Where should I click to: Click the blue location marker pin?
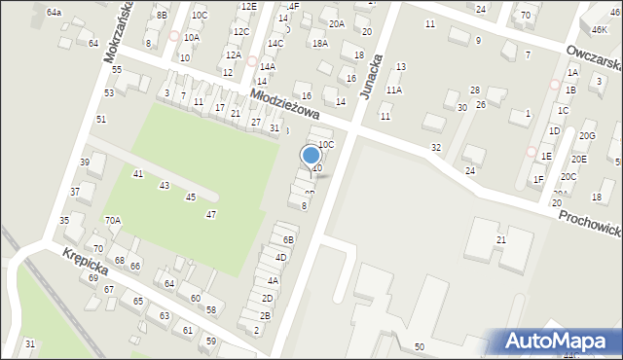click(x=311, y=157)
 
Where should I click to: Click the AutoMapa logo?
click(x=558, y=341)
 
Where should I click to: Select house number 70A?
click(x=113, y=221)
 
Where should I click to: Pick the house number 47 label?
click(x=211, y=214)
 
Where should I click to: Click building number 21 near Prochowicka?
click(x=501, y=239)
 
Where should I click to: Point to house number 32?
click(x=436, y=147)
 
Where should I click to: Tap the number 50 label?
click(x=419, y=346)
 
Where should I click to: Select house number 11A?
click(x=393, y=90)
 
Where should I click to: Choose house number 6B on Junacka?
click(x=288, y=239)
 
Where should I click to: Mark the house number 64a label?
click(x=54, y=13)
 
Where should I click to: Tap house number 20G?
click(x=587, y=135)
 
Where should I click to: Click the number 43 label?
click(x=165, y=185)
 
